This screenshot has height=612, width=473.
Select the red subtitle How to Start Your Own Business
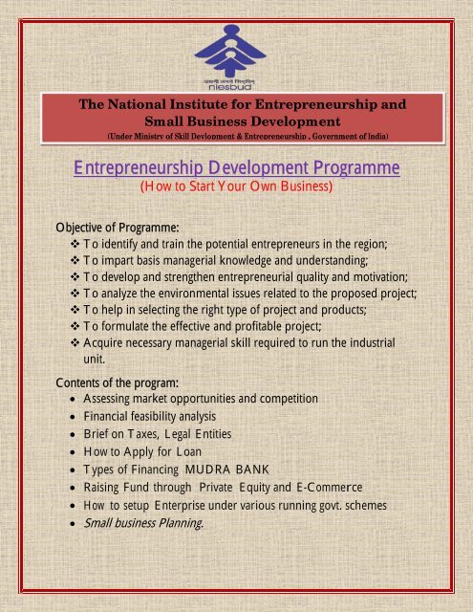[x=236, y=187]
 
